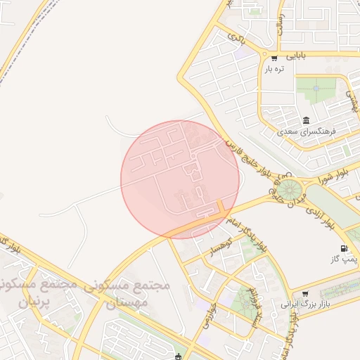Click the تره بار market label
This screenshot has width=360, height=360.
[274, 68]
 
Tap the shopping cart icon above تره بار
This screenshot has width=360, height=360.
[274, 58]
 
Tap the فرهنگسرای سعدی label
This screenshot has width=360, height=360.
[307, 131]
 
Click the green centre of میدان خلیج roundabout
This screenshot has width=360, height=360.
[288, 190]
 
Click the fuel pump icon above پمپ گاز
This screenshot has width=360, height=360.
[343, 248]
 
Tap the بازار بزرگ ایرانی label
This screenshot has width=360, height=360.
[305, 305]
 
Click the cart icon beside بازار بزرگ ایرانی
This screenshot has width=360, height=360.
[304, 294]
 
